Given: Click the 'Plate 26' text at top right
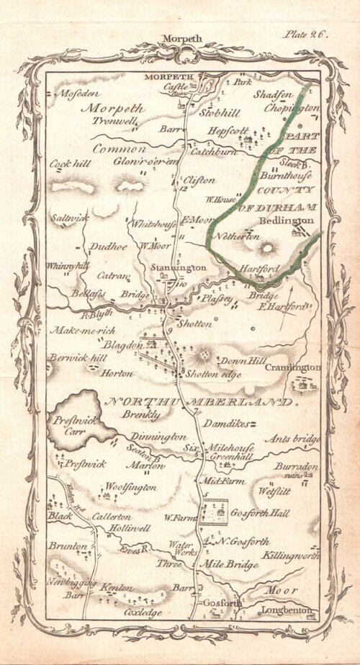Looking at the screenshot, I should (x=307, y=34).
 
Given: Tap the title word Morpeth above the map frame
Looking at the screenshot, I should (x=184, y=39).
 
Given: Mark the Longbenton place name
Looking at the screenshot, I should (x=286, y=612).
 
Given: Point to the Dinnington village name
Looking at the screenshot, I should (x=159, y=437).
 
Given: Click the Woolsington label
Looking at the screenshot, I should (x=130, y=488).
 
